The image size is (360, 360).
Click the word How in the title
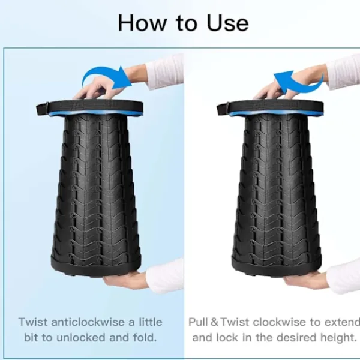tap(142, 23)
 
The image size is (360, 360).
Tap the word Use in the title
tap(227, 23)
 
